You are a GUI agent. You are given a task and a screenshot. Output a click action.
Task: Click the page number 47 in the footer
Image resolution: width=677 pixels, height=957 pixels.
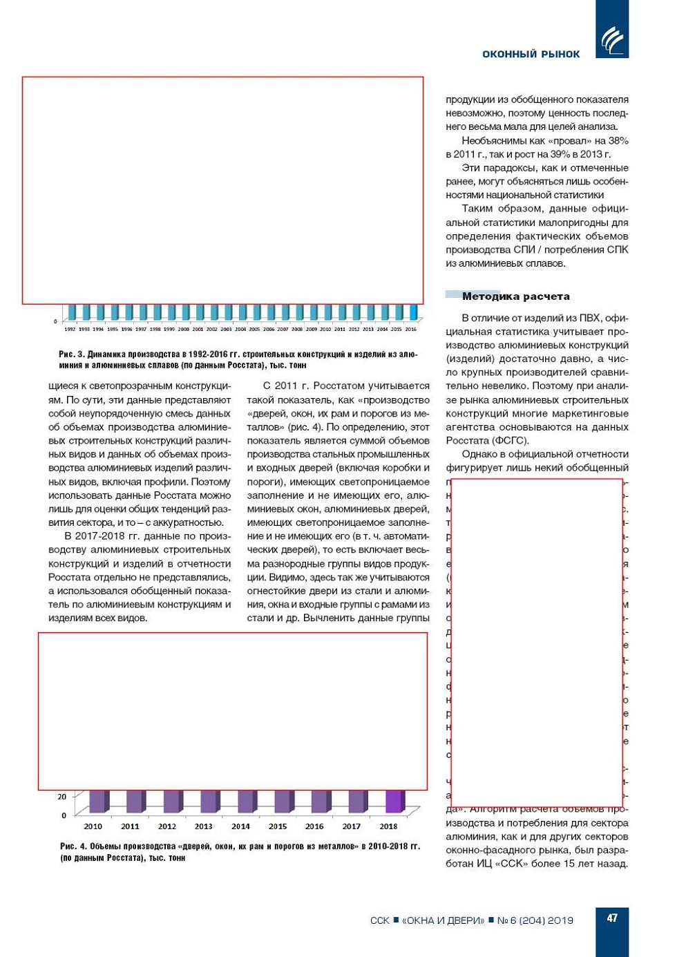612,918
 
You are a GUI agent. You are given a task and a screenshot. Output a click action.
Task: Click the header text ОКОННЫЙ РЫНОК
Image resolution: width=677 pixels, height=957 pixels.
531,54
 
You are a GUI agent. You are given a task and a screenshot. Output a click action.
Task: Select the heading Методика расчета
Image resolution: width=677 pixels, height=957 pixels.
515,296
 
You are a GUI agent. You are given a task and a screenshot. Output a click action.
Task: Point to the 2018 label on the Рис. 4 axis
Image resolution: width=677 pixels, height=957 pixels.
388,826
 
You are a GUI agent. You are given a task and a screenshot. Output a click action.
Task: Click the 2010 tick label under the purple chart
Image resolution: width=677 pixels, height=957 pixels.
93,826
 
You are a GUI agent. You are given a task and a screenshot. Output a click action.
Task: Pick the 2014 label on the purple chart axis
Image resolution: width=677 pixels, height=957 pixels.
240,826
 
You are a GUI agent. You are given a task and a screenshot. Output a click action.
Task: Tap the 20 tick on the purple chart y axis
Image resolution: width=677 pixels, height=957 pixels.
62,797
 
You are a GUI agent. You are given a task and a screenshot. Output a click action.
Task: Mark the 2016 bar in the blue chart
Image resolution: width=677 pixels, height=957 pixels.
413,312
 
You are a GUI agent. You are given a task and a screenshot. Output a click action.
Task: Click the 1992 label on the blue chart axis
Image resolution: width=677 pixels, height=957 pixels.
70,330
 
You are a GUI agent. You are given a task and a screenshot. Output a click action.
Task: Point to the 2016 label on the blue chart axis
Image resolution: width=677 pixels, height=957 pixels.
411,330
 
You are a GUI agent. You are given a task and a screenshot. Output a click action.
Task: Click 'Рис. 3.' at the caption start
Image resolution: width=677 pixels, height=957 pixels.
71,354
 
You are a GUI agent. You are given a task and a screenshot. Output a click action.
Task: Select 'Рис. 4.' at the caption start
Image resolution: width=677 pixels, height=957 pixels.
73,846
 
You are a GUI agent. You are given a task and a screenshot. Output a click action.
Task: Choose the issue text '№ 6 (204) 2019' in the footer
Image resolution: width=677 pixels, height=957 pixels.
535,920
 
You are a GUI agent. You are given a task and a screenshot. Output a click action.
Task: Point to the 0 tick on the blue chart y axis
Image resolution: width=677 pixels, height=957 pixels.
56,321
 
